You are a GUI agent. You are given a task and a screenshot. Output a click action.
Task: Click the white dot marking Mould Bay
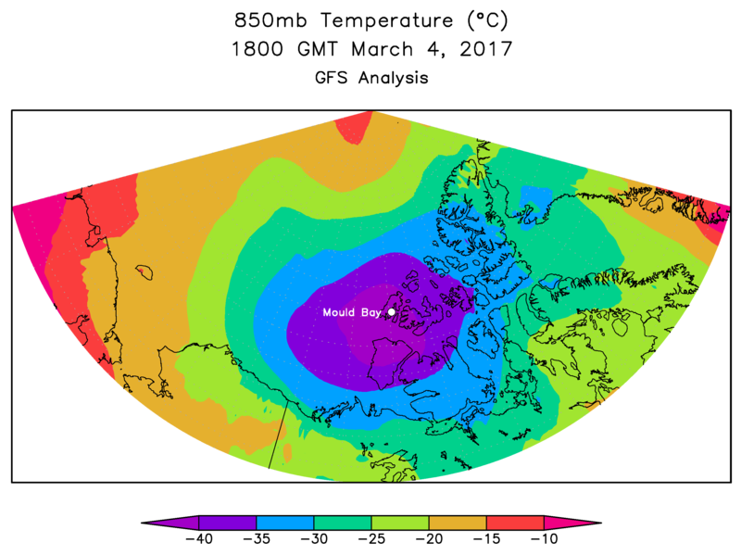pyautogui.click(x=392, y=312)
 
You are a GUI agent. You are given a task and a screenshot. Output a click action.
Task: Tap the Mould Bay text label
pyautogui.click(x=352, y=312)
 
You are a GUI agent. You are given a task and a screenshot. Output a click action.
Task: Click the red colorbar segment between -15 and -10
pyautogui.click(x=514, y=523)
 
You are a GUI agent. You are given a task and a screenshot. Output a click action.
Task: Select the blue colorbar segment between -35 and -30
pyautogui.click(x=284, y=523)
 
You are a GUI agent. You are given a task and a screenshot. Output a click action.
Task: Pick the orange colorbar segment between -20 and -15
pyautogui.click(x=457, y=523)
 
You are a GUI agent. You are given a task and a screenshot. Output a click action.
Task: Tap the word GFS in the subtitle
pyautogui.click(x=333, y=78)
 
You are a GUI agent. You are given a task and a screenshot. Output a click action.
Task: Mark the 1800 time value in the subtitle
pyautogui.click(x=257, y=49)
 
